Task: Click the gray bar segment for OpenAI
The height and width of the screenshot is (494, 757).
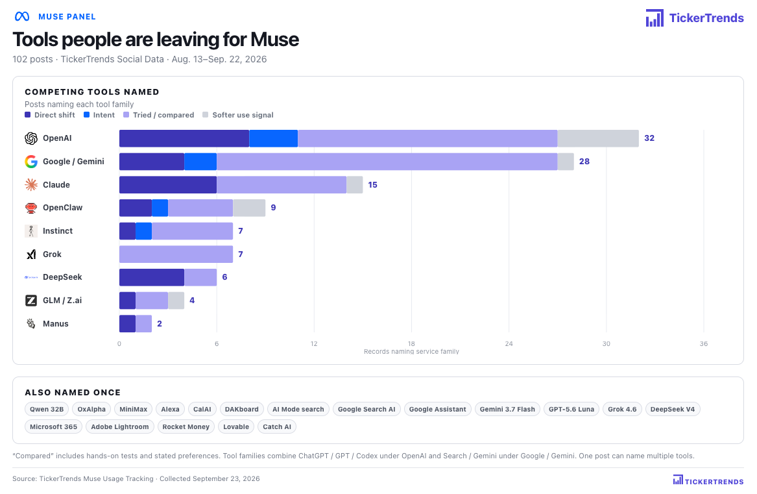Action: (x=597, y=138)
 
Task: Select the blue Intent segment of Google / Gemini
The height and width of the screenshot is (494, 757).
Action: (x=200, y=162)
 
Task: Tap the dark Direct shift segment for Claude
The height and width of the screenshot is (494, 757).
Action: (x=168, y=184)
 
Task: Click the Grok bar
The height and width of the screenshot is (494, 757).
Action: (x=176, y=254)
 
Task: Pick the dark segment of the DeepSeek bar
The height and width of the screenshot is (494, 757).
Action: (x=152, y=277)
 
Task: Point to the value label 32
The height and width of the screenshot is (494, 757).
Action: (x=649, y=138)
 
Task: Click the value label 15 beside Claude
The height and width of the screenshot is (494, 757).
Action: (x=373, y=184)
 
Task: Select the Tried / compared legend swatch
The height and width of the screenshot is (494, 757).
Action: (x=126, y=115)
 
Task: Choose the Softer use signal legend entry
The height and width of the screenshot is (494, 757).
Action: (x=238, y=115)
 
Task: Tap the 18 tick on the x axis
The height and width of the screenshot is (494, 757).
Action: (x=411, y=343)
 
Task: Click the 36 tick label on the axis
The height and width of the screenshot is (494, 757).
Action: (x=703, y=343)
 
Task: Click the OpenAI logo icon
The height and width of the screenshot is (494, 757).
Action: (x=31, y=138)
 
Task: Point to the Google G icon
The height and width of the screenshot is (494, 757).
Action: (x=31, y=162)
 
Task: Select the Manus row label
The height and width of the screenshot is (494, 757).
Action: (x=56, y=324)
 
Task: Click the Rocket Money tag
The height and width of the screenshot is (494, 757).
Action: (x=186, y=426)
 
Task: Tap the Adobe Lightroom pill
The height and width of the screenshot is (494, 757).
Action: (x=120, y=426)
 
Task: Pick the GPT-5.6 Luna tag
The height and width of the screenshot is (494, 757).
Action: (x=571, y=410)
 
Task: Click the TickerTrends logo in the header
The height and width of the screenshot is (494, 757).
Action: (x=695, y=18)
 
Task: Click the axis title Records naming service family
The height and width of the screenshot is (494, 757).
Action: (x=411, y=351)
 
